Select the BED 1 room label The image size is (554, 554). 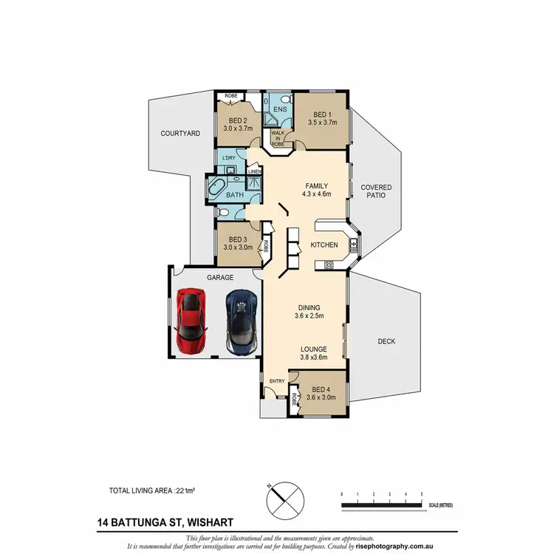point(321,119)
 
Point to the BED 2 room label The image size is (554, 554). point(238,123)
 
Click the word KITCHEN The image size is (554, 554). point(324,244)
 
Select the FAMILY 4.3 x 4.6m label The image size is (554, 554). point(317,191)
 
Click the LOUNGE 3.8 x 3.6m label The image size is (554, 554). point(315,353)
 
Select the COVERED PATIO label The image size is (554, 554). point(375,192)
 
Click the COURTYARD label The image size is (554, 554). point(181,134)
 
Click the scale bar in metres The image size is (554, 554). point(381,505)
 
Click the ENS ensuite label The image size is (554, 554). point(280,109)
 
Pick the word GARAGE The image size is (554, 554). point(220,278)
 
